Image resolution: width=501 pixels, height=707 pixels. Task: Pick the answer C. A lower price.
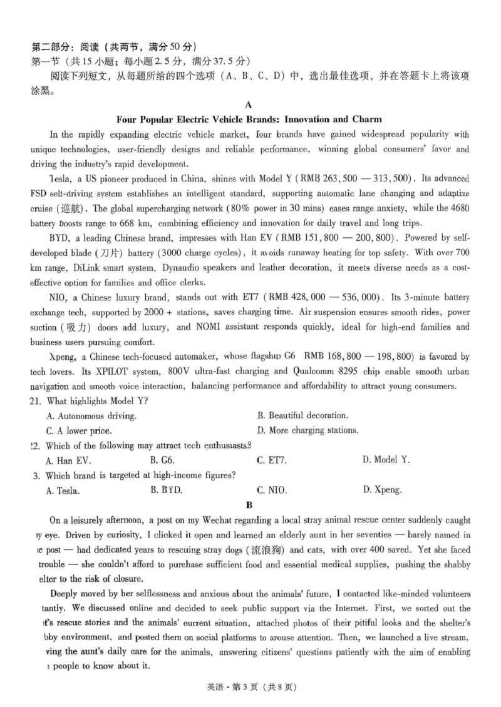pos(79,430)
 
